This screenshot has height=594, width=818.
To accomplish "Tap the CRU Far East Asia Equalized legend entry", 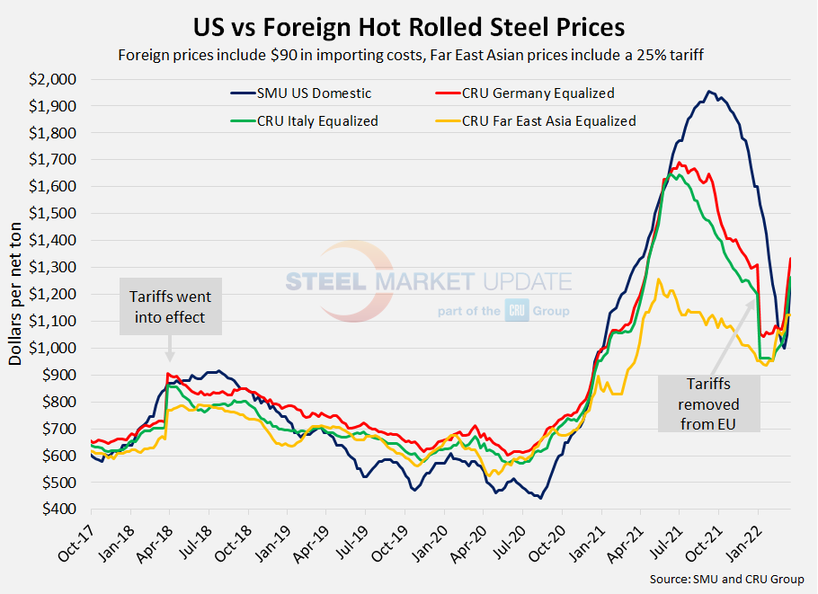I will [548, 120].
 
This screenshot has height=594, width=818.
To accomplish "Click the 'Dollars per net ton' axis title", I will [17, 295].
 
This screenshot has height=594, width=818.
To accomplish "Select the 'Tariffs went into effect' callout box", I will [171, 306].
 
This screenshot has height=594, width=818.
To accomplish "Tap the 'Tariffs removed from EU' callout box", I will [709, 403].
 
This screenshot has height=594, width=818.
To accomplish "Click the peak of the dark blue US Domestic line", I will [709, 91].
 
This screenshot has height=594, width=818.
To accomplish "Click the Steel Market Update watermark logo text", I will [428, 281].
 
